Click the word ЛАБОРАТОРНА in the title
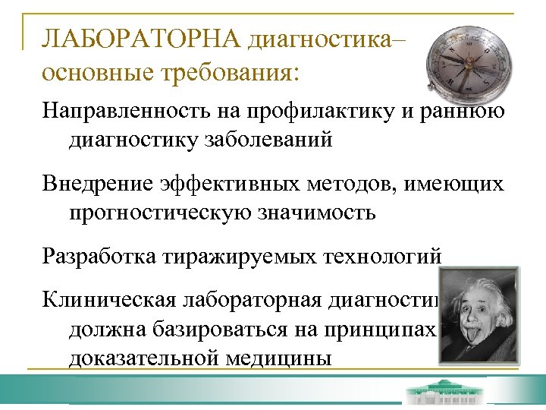pos(141,38)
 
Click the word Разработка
pos(98,257)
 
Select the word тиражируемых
pos(227,257)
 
